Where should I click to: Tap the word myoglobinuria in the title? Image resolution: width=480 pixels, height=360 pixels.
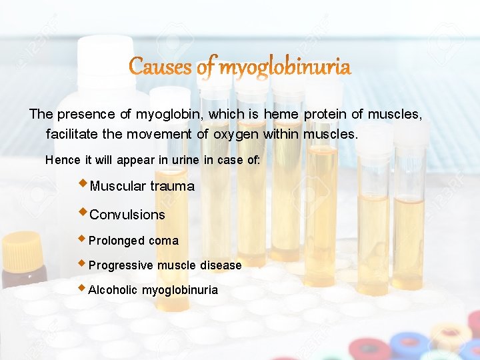[x=285, y=67]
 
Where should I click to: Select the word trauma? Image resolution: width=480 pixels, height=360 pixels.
[x=172, y=187]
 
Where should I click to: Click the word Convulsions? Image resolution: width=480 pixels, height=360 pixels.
[x=127, y=215]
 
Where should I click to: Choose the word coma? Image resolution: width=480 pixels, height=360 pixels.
[x=163, y=241]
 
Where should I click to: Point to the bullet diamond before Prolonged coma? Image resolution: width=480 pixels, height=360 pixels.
[x=82, y=238]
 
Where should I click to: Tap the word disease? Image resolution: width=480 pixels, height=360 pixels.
[x=221, y=265]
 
